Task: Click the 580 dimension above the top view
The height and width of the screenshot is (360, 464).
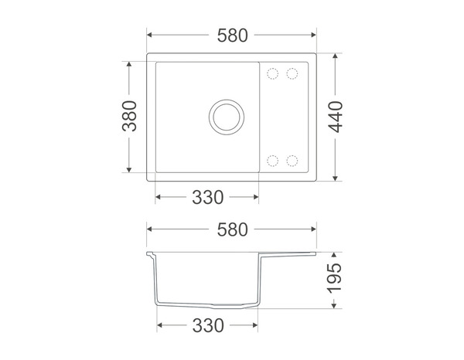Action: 232,36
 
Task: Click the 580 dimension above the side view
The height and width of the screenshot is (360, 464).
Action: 232,229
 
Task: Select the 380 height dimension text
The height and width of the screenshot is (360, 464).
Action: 130,116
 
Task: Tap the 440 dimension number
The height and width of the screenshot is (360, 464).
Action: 336,117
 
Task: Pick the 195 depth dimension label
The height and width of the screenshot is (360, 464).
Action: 334,278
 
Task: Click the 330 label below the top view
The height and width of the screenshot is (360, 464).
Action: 208,198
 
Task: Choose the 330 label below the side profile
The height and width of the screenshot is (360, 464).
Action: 208,326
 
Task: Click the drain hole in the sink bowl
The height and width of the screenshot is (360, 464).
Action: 227,117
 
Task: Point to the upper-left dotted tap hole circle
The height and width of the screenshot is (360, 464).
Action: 272,73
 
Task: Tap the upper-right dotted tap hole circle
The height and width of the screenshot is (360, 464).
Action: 292,73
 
